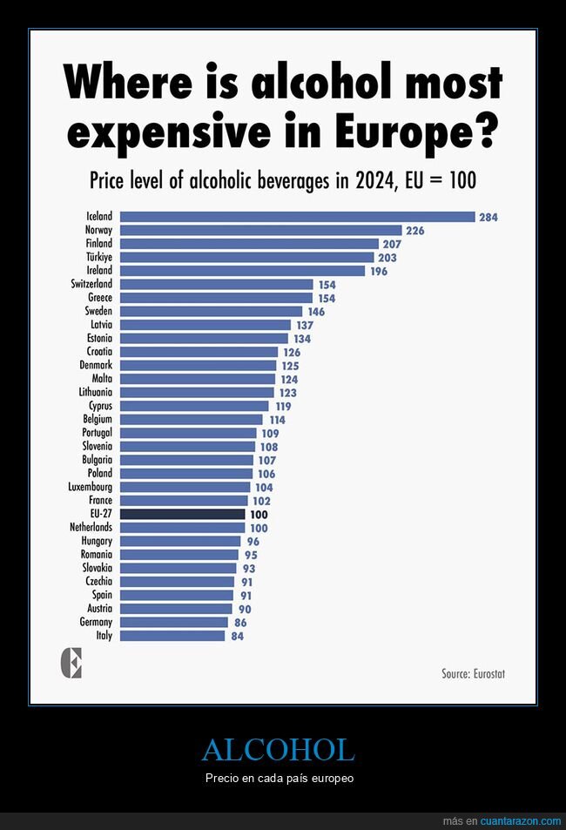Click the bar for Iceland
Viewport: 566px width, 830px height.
pyautogui.click(x=297, y=217)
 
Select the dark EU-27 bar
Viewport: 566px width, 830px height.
pyautogui.click(x=182, y=515)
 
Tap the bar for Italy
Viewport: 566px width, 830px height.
pyautogui.click(x=172, y=636)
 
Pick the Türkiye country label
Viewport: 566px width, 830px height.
pyautogui.click(x=99, y=258)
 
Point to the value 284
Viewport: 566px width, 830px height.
pyautogui.click(x=489, y=217)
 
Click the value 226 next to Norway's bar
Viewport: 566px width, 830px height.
pyautogui.click(x=415, y=231)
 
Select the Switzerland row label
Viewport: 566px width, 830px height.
pyautogui.click(x=91, y=284)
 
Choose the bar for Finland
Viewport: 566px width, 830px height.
pyautogui.click(x=249, y=244)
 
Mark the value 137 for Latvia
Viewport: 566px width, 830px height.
pyautogui.click(x=304, y=325)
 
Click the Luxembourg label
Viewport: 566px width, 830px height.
pyautogui.click(x=91, y=487)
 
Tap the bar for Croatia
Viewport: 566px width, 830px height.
pyautogui.click(x=199, y=352)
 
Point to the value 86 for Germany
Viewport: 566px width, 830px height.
pyautogui.click(x=240, y=623)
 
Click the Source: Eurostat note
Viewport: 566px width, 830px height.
pyautogui.click(x=474, y=673)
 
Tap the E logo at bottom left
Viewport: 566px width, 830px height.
pyautogui.click(x=71, y=665)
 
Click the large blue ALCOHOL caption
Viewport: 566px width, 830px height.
pyautogui.click(x=279, y=750)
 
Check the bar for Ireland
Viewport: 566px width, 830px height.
pyautogui.click(x=242, y=271)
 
